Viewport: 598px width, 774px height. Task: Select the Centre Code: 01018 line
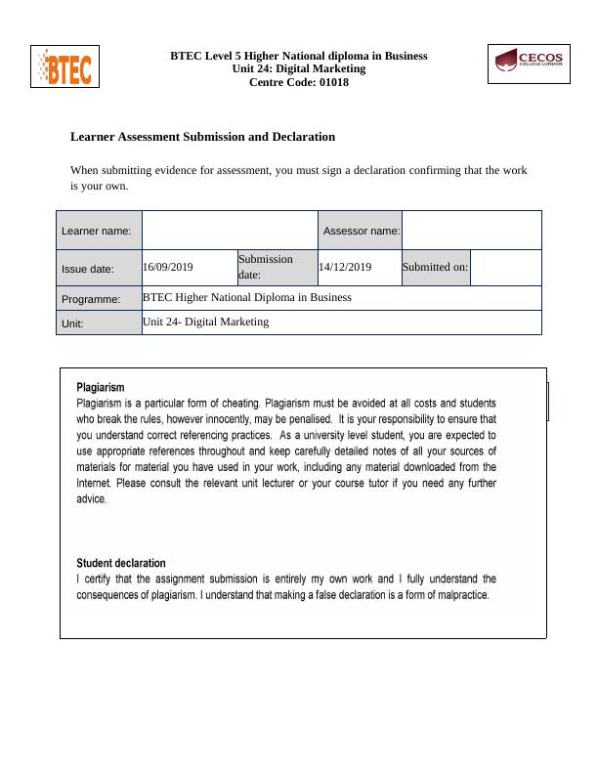click(298, 82)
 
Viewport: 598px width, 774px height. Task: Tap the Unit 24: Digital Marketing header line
click(298, 68)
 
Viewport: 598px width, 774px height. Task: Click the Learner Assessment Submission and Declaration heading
click(202, 137)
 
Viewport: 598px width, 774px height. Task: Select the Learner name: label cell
click(99, 231)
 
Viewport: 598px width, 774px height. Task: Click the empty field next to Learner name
click(230, 231)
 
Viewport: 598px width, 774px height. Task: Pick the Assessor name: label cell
click(361, 231)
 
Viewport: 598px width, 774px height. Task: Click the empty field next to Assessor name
click(471, 231)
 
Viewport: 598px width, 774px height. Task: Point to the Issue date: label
click(88, 269)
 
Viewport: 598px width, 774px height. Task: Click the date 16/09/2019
click(168, 267)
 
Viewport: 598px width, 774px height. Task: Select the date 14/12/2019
click(345, 267)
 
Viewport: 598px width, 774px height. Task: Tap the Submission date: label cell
click(266, 267)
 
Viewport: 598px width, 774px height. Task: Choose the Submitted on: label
click(435, 267)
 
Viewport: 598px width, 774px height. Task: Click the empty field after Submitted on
click(505, 268)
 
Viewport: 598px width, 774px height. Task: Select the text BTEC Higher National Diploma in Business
click(247, 297)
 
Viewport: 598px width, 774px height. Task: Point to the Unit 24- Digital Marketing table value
click(205, 322)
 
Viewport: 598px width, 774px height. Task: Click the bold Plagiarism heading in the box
click(101, 387)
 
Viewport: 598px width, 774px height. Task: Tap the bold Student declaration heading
click(121, 563)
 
